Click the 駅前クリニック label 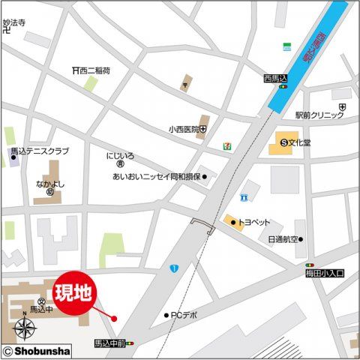coord(318,115)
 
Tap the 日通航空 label coord(282,240)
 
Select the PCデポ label coord(184,315)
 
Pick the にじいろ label coord(120,156)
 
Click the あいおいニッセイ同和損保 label coord(156,177)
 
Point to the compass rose coord(25,328)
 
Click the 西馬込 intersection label coord(276,77)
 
